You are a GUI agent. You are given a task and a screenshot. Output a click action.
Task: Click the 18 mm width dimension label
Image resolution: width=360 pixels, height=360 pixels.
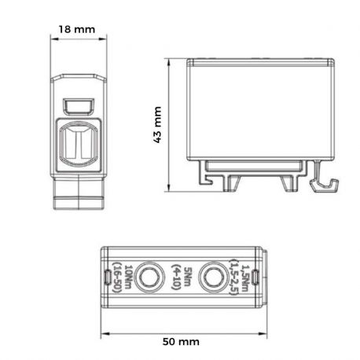click(x=78, y=30)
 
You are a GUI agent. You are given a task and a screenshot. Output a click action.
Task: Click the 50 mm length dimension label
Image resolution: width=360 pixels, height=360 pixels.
click(x=182, y=343)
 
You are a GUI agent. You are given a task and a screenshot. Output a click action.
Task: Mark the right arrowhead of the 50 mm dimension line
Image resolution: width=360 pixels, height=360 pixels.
click(x=259, y=325)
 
